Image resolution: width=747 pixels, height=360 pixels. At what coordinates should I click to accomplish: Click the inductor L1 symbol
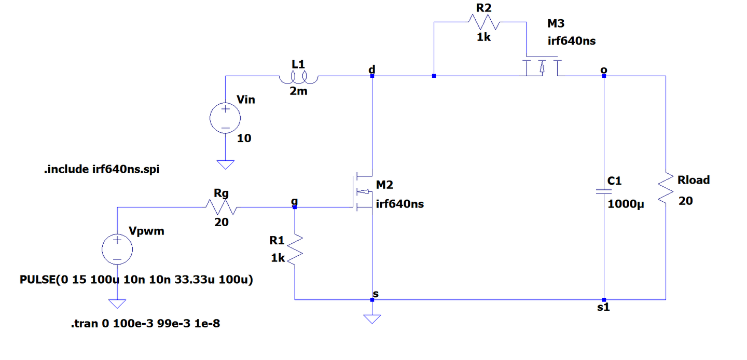point(298,78)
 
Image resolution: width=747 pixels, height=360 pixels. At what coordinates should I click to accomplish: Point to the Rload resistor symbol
point(666,188)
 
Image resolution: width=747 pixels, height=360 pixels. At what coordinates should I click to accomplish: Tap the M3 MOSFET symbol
point(542,66)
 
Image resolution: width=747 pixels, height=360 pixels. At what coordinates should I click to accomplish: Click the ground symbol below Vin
point(226,164)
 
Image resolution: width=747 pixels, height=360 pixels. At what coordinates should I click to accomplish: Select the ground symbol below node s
point(372,319)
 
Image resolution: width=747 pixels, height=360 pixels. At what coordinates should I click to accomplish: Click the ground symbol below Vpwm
point(117,303)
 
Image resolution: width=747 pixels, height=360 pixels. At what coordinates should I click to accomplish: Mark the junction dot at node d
point(372,76)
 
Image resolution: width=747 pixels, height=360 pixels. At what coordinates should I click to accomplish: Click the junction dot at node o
point(604,76)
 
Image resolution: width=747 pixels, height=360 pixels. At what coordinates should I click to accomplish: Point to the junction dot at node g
point(295,207)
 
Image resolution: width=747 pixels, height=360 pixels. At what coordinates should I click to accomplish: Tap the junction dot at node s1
point(604,300)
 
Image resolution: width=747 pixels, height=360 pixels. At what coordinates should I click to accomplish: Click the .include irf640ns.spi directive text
point(102,169)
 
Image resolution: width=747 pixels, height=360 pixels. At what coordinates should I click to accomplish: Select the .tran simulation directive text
point(145,323)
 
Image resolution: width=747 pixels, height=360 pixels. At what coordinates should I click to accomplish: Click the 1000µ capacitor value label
point(626,204)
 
